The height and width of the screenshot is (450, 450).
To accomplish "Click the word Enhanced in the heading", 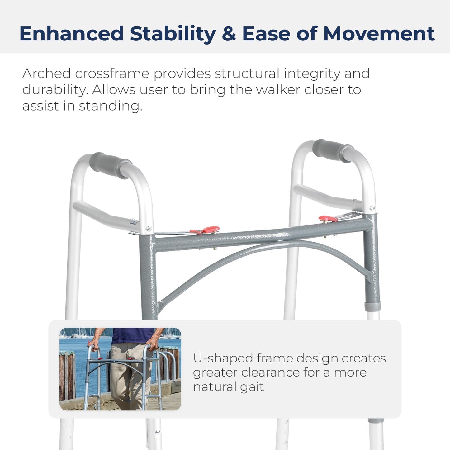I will [72, 34].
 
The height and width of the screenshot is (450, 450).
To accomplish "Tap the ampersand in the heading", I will [229, 34].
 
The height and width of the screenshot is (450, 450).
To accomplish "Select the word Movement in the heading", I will [379, 34].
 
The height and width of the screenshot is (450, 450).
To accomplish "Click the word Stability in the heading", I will [173, 34].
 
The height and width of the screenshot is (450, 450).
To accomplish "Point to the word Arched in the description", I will [46, 74].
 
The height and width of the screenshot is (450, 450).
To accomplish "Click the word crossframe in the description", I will [112, 74].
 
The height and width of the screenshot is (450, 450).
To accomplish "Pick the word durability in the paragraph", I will [54, 90].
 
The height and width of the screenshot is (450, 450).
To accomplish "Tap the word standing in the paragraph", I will [110, 106].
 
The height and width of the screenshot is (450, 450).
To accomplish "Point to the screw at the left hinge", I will [149, 229].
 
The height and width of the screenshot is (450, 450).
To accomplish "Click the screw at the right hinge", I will [372, 208].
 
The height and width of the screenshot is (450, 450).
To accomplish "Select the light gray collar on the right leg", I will [372, 306].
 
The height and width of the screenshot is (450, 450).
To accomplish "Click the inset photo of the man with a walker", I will [120, 369].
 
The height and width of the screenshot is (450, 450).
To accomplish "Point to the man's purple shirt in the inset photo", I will [132, 335].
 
